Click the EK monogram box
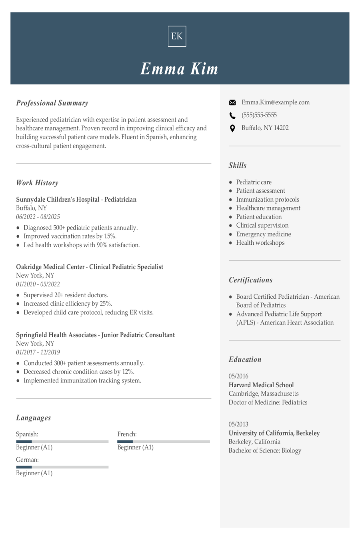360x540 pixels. pyautogui.click(x=177, y=36)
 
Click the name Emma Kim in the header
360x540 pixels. pyautogui.click(x=179, y=69)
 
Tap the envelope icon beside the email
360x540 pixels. pyautogui.click(x=232, y=103)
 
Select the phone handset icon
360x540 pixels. pyautogui.click(x=232, y=116)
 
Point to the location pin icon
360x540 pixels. pyautogui.click(x=232, y=128)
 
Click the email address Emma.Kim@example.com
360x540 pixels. pyautogui.click(x=275, y=102)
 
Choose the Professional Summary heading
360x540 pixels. pyautogui.click(x=52, y=103)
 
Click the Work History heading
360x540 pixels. pyautogui.click(x=37, y=183)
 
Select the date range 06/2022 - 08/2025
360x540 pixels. pyautogui.click(x=38, y=217)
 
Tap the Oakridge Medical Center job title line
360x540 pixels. pyautogui.click(x=90, y=267)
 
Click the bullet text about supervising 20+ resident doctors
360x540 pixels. pyautogui.click(x=66, y=295)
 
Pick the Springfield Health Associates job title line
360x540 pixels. pyautogui.click(x=95, y=335)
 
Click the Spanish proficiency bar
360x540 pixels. pyautogui.click(x=62, y=442)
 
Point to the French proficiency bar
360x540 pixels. pyautogui.click(x=163, y=442)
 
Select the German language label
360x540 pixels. pyautogui.click(x=27, y=460)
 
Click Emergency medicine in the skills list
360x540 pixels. pyautogui.click(x=263, y=234)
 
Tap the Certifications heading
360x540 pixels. pyautogui.click(x=250, y=280)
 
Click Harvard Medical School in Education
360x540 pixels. pyautogui.click(x=261, y=385)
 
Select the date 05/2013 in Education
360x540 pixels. pyautogui.click(x=238, y=424)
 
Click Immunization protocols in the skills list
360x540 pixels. pyautogui.click(x=267, y=199)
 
